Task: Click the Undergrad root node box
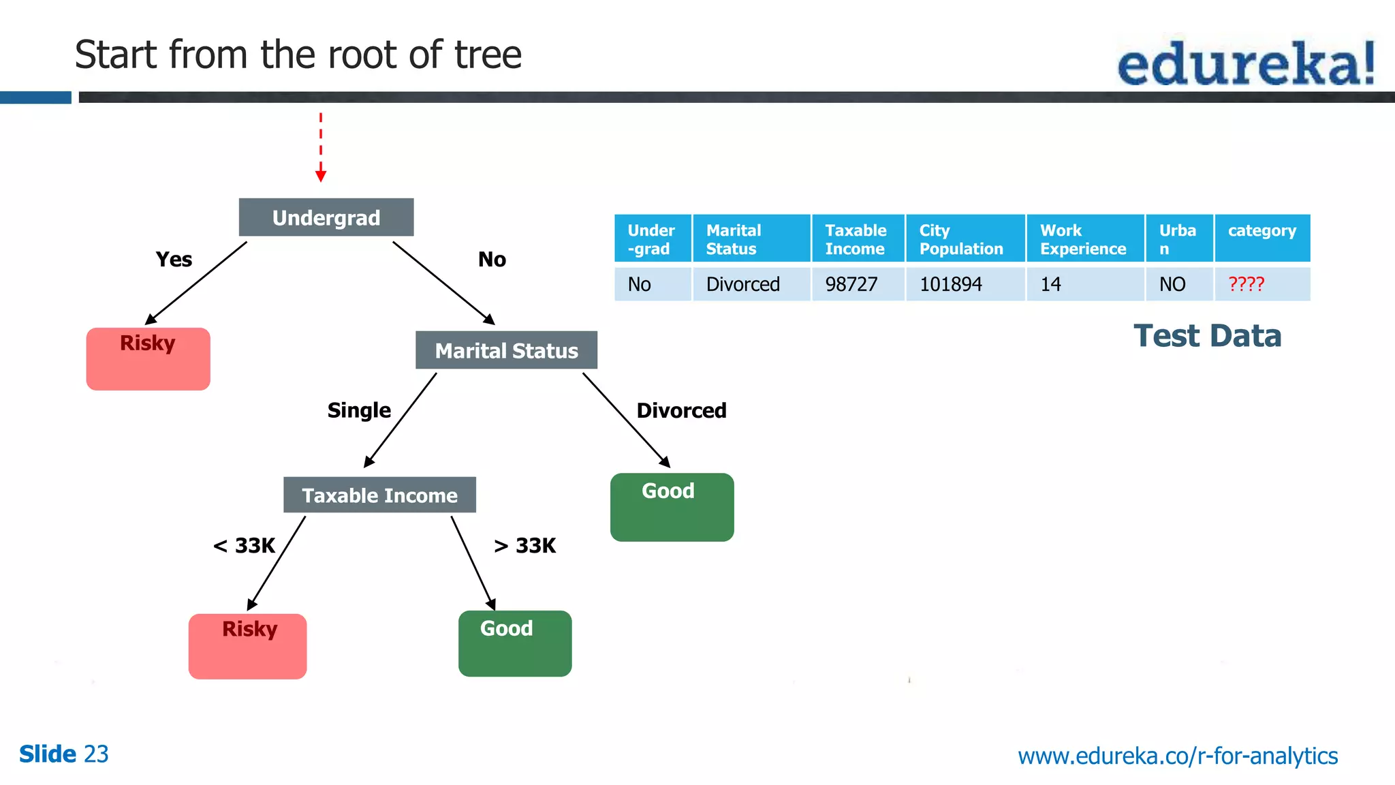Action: (x=326, y=217)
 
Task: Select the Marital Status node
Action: (x=506, y=350)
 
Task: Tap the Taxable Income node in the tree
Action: (x=379, y=495)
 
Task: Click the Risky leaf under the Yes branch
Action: (x=148, y=359)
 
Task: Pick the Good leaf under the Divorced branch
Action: (x=672, y=507)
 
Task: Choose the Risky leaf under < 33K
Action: (x=247, y=646)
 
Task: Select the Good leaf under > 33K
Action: (x=515, y=643)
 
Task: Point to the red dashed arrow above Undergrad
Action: (x=321, y=147)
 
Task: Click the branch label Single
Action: (x=359, y=410)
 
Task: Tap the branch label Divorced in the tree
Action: (x=681, y=410)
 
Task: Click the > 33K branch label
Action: (x=524, y=546)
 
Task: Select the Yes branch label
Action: (x=174, y=260)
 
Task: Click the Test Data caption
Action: (x=1207, y=336)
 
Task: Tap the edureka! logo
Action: (x=1247, y=63)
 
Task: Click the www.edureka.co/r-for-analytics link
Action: (x=1178, y=756)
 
